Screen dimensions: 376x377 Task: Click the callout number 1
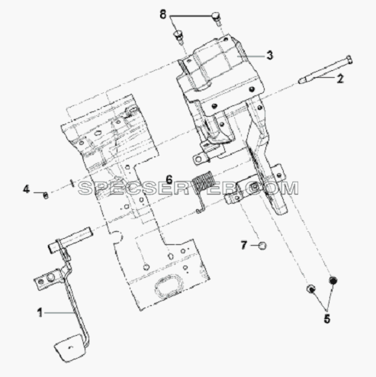40,313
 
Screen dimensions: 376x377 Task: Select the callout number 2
340,79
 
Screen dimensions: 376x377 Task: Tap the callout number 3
270,55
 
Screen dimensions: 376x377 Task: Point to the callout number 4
27,189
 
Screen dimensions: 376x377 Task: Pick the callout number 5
327,318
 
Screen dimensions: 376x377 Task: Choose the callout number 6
169,179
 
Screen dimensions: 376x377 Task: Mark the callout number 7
244,246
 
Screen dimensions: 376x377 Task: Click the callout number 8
162,14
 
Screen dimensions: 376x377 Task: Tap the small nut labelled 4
46,195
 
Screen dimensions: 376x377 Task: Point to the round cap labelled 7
262,246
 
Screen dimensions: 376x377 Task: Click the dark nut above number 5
333,280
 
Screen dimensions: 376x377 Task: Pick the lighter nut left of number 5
310,288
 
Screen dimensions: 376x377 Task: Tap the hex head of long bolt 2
349,60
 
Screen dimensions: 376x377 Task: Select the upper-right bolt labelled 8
217,18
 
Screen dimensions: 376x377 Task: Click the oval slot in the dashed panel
169,285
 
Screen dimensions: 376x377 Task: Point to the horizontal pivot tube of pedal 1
69,239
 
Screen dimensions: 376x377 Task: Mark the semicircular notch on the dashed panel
117,237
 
